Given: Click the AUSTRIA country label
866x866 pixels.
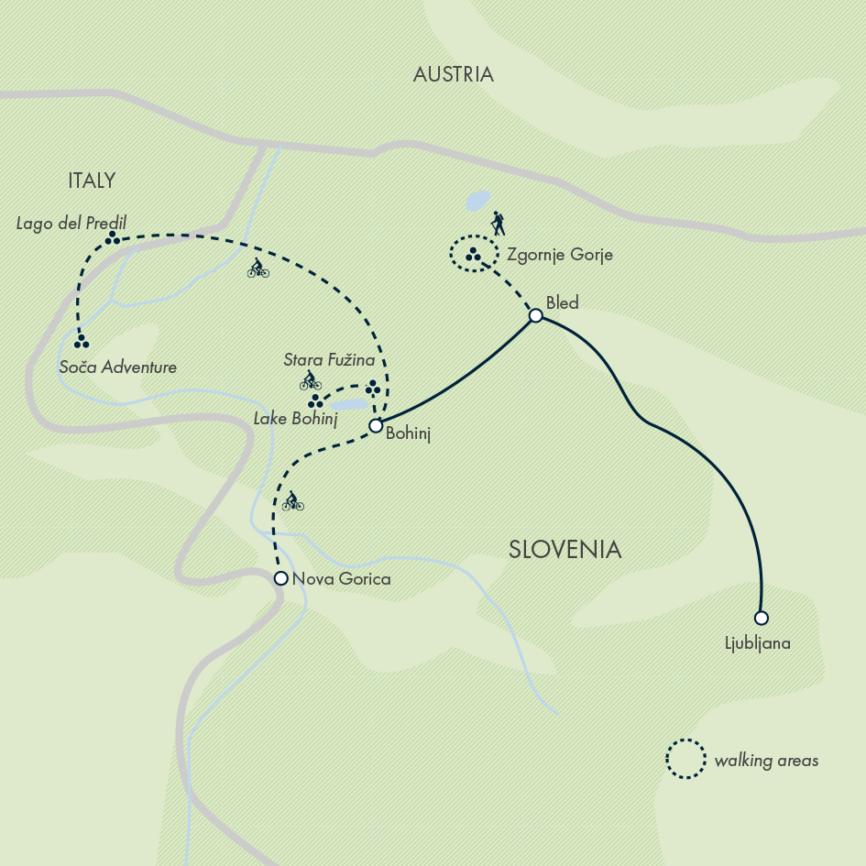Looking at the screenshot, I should [453, 75].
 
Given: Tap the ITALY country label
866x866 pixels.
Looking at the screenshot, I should [92, 181].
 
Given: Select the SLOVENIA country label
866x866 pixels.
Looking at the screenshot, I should [565, 550].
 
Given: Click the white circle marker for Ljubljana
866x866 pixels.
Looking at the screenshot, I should [761, 618].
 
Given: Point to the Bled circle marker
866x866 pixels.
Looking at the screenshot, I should [536, 316].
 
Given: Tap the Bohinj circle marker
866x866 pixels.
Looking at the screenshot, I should [375, 425].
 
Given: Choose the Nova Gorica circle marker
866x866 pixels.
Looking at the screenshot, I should [281, 577].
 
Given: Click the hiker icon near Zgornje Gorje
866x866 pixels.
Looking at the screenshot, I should [498, 224].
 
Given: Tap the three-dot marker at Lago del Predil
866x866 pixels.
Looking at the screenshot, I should [112, 237].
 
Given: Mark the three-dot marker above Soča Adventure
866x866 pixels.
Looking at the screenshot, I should [82, 341].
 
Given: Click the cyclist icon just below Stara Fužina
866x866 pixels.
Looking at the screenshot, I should [311, 380].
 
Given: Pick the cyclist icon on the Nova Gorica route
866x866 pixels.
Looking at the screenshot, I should [292, 501].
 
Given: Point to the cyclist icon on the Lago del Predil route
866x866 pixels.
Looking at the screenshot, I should [258, 269].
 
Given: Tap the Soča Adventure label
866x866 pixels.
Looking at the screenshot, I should [117, 367].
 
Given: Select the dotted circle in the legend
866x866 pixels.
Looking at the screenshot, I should [685, 759].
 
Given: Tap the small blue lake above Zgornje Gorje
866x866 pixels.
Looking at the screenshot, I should [477, 200].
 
